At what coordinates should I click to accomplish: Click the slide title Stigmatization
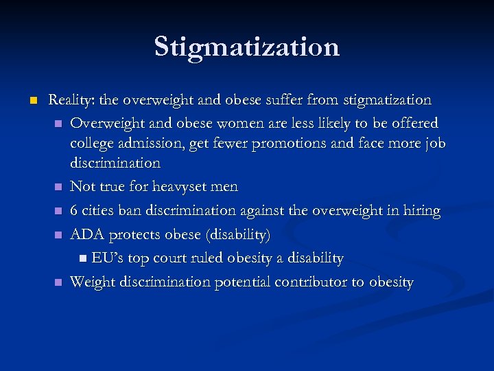click(x=247, y=47)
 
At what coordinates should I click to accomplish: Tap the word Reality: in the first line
click(x=71, y=100)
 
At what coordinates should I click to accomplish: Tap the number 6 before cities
click(x=75, y=211)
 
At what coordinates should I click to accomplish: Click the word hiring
click(x=421, y=211)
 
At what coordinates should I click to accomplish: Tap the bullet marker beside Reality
click(x=32, y=101)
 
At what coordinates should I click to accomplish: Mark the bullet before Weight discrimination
click(x=58, y=282)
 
